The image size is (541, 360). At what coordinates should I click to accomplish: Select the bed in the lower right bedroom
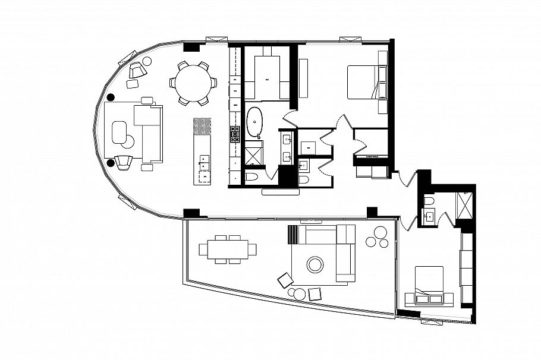click(x=428, y=285)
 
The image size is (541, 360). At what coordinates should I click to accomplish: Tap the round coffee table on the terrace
click(x=314, y=264)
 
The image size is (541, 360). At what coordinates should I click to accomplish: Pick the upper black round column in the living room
click(x=111, y=97)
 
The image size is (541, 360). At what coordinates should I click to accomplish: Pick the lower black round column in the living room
click(x=111, y=162)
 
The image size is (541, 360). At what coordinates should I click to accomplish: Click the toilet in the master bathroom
click(x=252, y=177)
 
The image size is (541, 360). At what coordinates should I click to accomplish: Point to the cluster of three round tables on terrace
click(x=377, y=238)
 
